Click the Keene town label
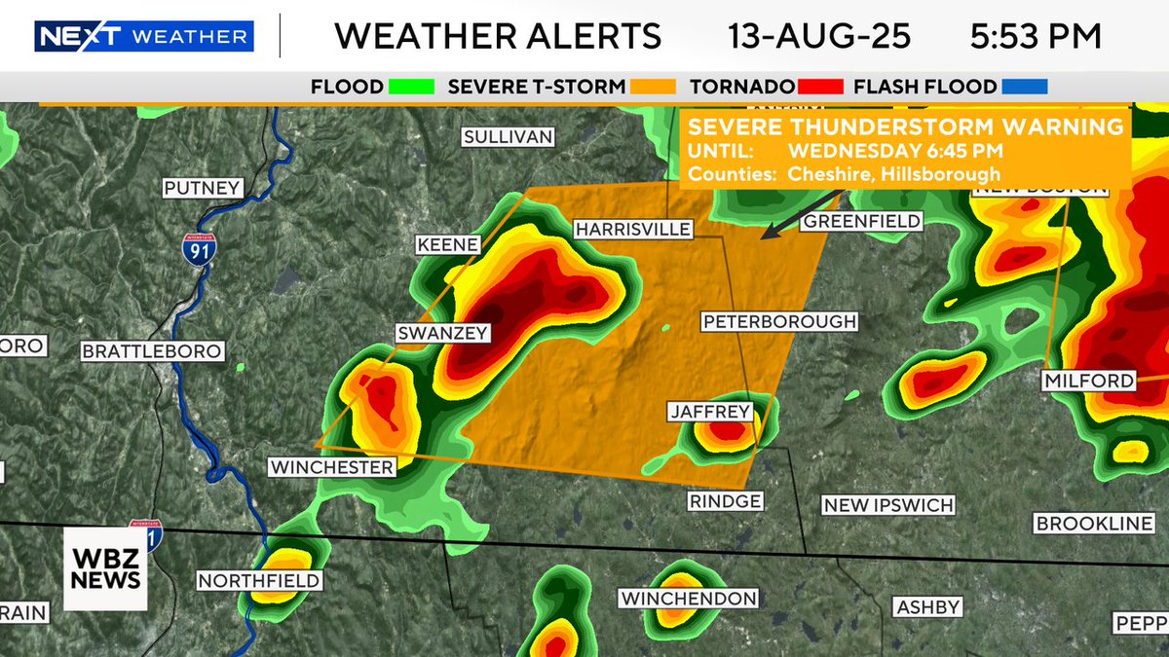tap(448, 244)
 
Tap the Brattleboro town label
tap(153, 351)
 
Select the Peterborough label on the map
tap(779, 321)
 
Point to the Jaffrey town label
tap(711, 412)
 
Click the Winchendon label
tap(689, 598)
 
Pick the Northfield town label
tap(259, 581)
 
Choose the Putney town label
tap(202, 188)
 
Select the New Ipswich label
tap(887, 505)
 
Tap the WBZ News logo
tap(105, 568)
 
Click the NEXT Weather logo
tap(144, 37)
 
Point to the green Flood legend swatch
tap(410, 87)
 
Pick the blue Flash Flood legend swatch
tap(1023, 87)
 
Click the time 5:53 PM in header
tap(1036, 37)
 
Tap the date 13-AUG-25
tap(819, 37)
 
